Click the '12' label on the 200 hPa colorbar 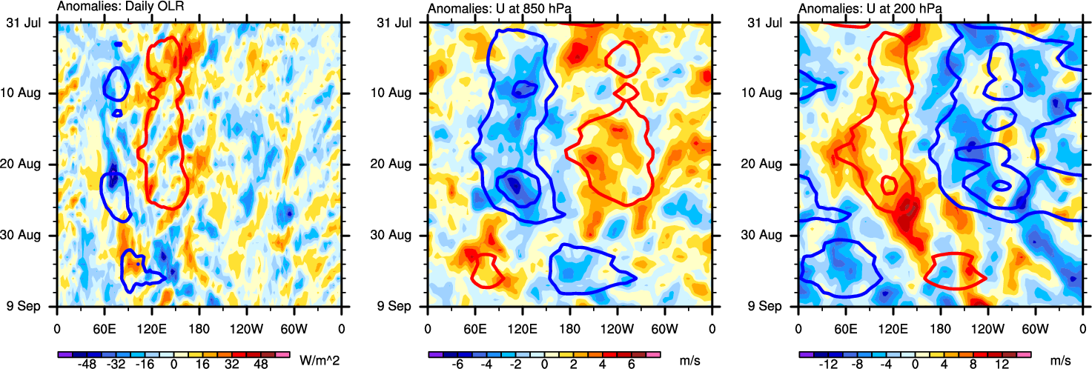coord(1002,365)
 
